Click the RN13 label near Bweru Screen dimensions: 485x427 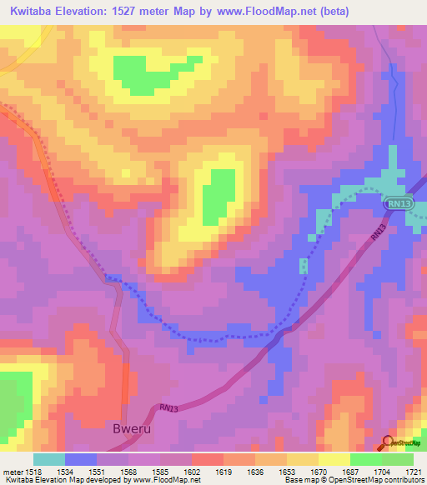(x=167, y=408)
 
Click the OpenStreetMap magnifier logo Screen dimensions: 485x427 (x=388, y=442)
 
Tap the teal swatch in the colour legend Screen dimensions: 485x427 (x=49, y=459)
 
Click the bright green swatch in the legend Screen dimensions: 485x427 (x=366, y=459)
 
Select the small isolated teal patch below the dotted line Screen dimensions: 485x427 (x=304, y=266)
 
